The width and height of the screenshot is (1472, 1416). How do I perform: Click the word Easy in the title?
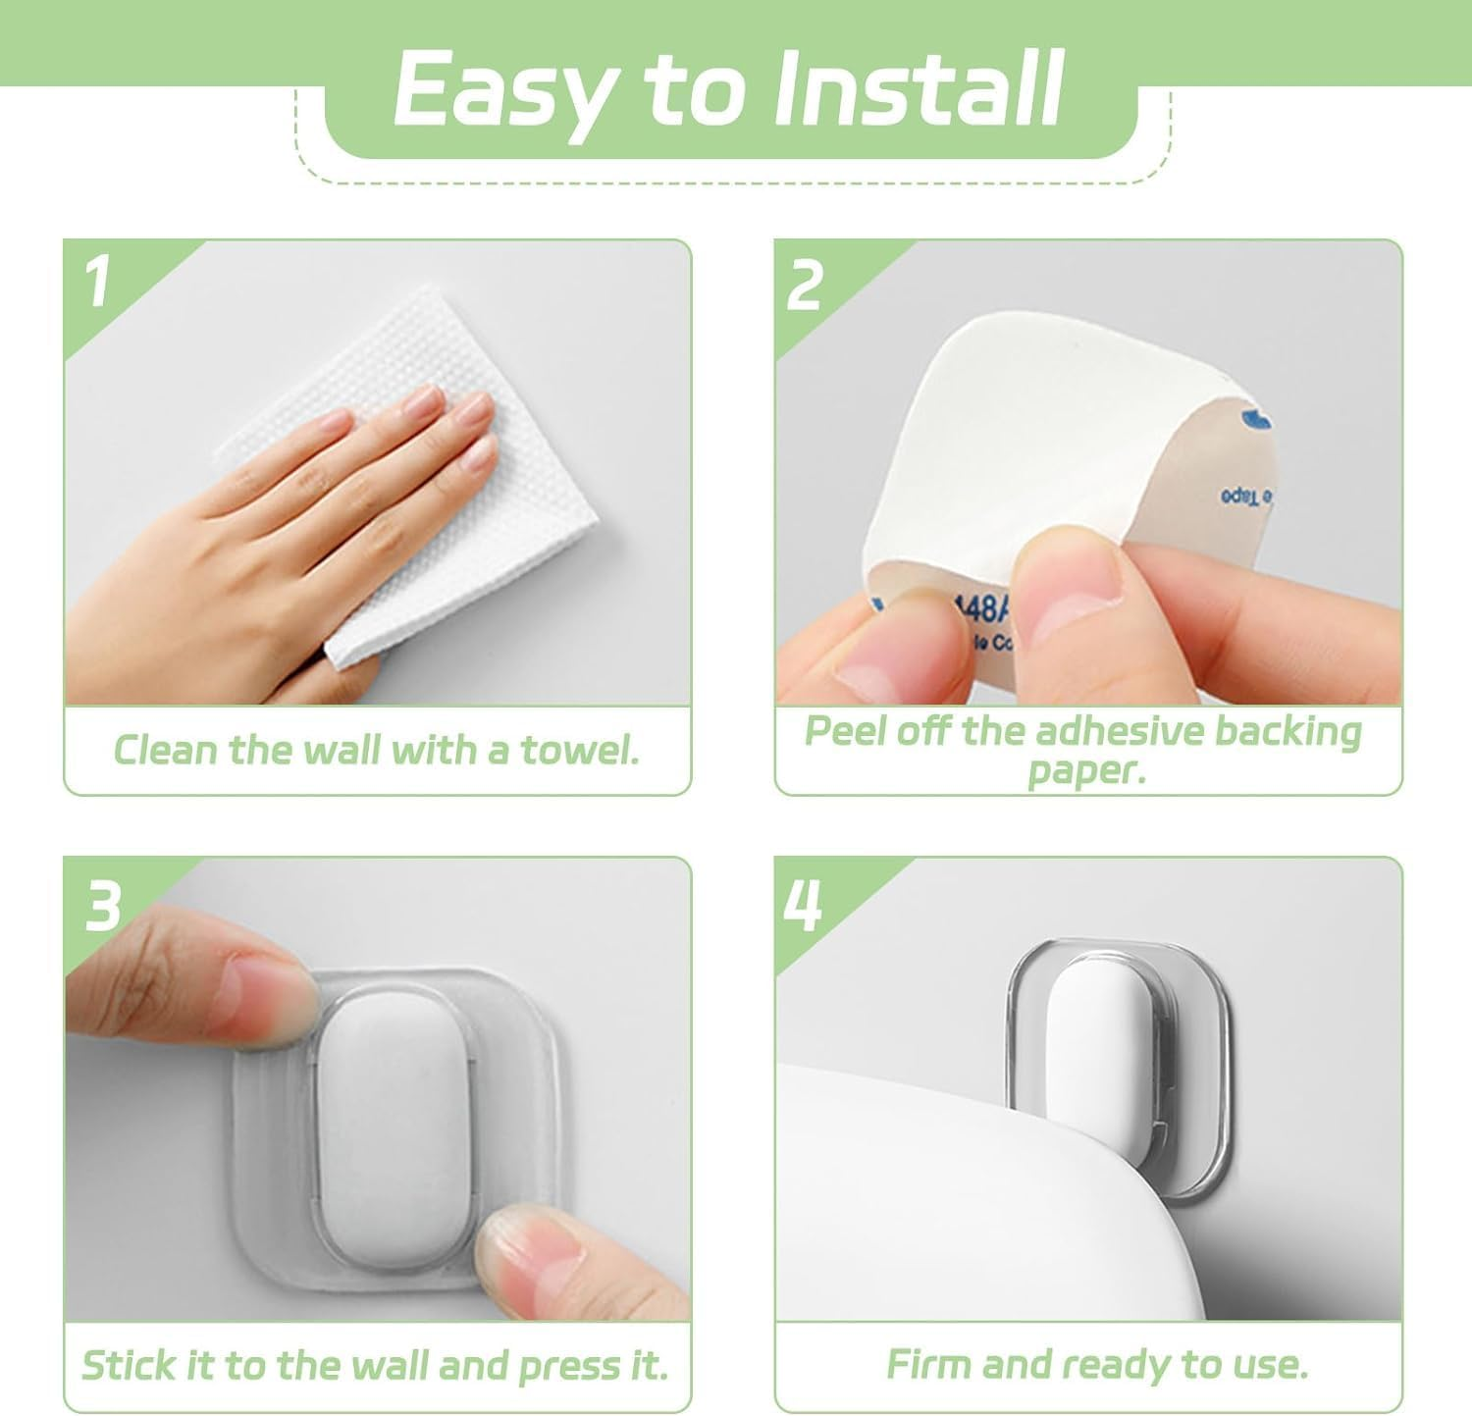pos(510,90)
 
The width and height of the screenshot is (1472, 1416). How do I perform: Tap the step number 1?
pos(97,283)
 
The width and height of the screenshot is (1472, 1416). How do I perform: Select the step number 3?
pos(102,906)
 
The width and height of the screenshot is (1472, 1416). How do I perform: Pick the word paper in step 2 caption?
pos(1086,770)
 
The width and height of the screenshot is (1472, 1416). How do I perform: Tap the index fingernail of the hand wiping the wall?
pos(425,399)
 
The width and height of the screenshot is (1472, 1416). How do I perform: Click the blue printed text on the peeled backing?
pos(1246,496)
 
